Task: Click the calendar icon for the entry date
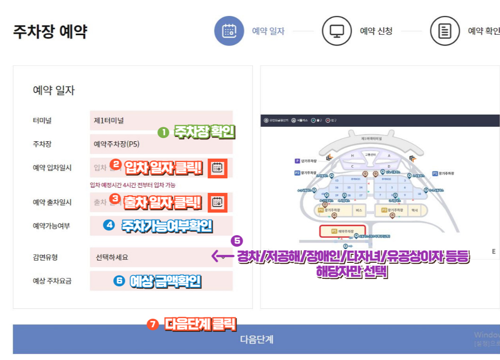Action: (217, 168)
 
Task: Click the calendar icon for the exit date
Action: (217, 202)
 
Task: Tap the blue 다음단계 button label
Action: (256, 339)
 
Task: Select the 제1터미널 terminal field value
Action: (109, 120)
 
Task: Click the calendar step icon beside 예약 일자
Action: (229, 31)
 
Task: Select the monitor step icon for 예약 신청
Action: (337, 31)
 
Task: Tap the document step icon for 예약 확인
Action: (445, 31)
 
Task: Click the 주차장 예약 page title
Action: (50, 32)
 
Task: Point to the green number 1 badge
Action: (163, 132)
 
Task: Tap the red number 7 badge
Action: (152, 324)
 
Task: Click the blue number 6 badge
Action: (119, 281)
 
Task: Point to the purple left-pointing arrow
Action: (223, 256)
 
